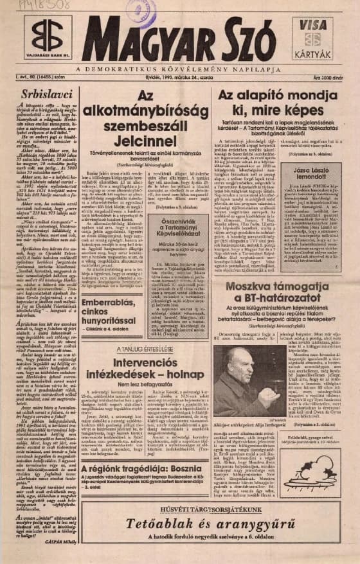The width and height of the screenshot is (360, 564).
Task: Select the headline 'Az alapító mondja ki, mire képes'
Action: point(280,104)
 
